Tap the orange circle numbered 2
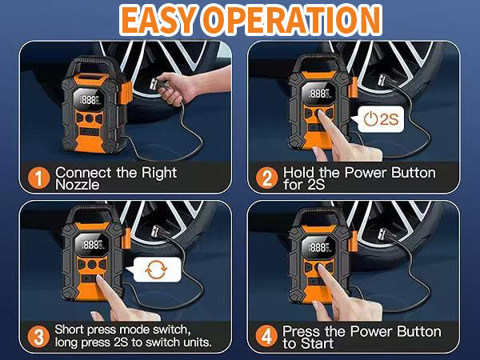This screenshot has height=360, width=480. click(x=265, y=178)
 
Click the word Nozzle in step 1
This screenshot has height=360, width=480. click(x=78, y=185)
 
